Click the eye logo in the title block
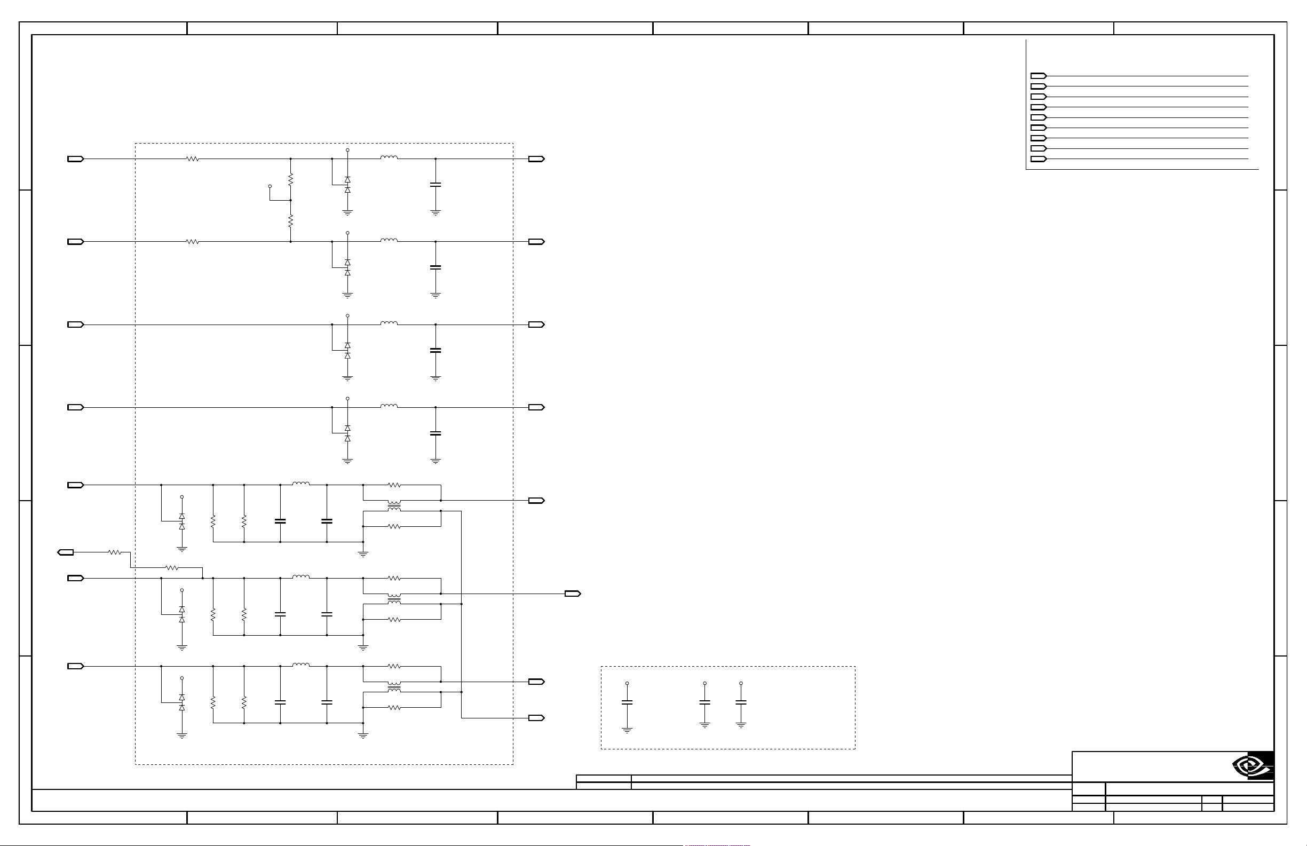coord(1251,765)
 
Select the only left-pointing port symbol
coord(65,552)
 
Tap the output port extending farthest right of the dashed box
coord(572,594)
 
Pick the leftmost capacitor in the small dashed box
coord(627,702)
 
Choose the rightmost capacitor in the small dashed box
coord(741,702)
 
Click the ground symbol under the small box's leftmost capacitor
coord(627,730)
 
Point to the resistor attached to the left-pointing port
coord(114,552)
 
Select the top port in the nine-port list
coord(1038,76)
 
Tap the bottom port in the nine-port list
coord(1038,159)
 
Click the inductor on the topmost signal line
coord(389,157)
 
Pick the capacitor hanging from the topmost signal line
coord(435,185)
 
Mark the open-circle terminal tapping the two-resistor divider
coord(270,186)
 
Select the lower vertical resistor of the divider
coord(290,221)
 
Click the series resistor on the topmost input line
coord(192,159)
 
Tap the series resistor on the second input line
coord(192,242)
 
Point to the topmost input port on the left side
coord(75,159)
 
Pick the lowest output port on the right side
coord(536,718)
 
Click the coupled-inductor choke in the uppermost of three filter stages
coord(394,505)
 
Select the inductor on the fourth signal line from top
coord(389,406)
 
